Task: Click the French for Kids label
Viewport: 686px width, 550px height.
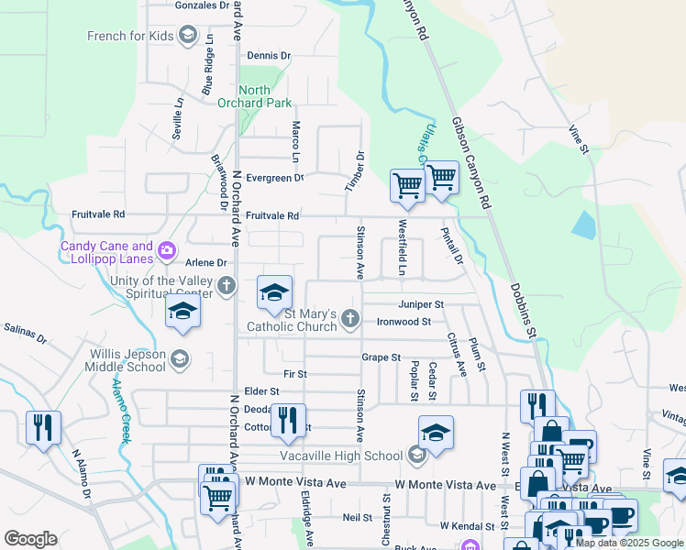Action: pos(129,37)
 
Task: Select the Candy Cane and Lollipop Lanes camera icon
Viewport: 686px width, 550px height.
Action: pos(167,249)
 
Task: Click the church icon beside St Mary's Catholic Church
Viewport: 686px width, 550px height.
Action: pos(349,319)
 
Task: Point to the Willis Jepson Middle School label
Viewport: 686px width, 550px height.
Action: pos(127,360)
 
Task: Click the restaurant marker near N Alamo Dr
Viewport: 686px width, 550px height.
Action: pos(44,427)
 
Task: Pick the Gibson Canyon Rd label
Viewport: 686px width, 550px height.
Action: pos(470,155)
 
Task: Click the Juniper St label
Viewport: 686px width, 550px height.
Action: pos(421,304)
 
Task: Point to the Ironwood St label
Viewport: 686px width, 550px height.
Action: pos(404,323)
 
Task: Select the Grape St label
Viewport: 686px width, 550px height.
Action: pos(381,357)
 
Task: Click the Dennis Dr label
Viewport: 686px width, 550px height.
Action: pos(268,56)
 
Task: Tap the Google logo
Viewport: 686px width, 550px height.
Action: pos(30,538)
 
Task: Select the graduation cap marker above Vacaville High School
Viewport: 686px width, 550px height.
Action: pos(436,433)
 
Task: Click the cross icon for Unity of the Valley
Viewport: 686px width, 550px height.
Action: pos(227,287)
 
